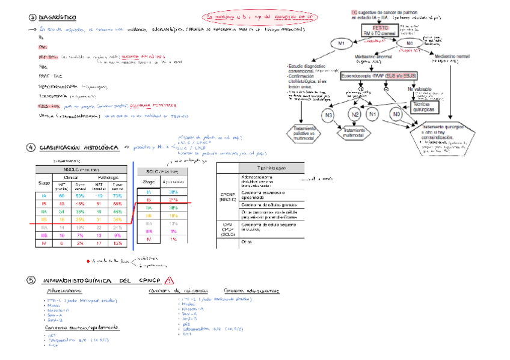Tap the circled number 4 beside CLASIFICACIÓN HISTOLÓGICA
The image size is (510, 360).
coord(30,148)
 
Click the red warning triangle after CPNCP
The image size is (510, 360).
coord(168,280)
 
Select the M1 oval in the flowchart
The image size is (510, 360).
coord(342,44)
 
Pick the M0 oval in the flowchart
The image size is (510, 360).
coord(409,44)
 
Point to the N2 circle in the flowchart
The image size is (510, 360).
coord(355,114)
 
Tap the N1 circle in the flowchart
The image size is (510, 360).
coord(373,114)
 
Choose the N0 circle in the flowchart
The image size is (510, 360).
coord(396,114)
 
